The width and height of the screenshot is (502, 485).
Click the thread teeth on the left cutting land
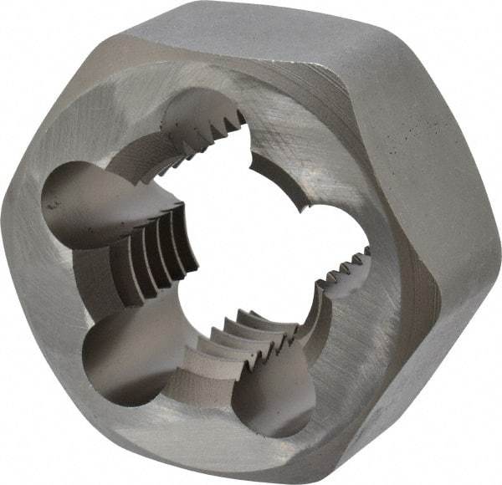pos(167,251)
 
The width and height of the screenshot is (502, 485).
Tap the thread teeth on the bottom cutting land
pos(251,334)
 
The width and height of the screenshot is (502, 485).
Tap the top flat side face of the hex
pos(276,33)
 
